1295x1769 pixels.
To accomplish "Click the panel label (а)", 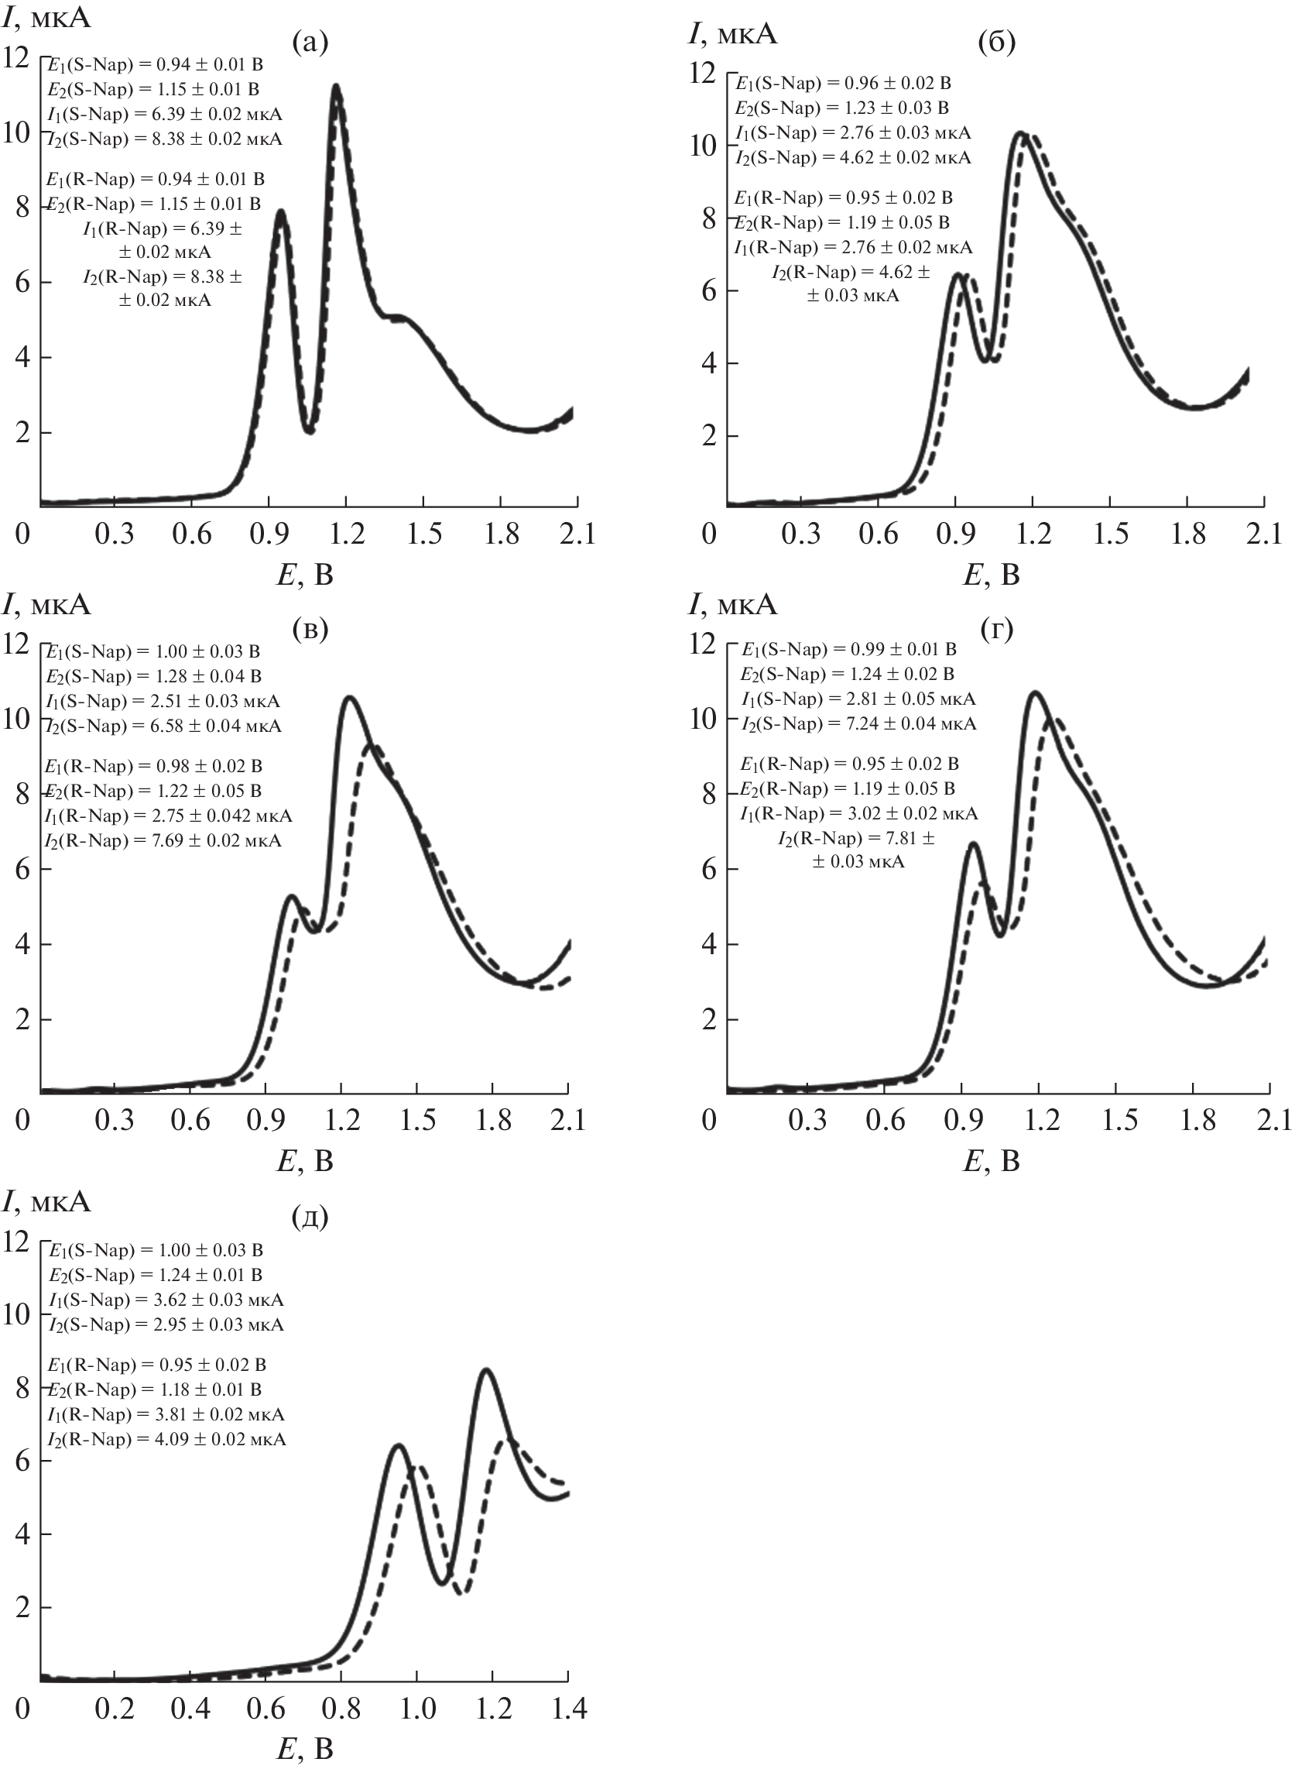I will (309, 43).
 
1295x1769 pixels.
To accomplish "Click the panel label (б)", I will (996, 43).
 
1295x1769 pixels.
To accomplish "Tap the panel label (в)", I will (309, 628).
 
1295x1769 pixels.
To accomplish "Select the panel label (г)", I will (996, 628).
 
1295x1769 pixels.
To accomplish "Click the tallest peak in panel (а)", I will (336, 85).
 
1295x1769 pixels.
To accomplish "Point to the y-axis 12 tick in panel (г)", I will (702, 644).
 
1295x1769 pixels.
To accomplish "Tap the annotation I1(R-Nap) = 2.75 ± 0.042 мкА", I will (169, 816).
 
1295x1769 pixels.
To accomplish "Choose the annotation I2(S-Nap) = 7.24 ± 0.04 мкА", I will (858, 723).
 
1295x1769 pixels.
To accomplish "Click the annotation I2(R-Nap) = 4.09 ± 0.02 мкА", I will (166, 1440).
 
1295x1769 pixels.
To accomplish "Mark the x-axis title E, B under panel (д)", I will (305, 1749).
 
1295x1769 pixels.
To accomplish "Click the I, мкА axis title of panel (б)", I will (732, 34).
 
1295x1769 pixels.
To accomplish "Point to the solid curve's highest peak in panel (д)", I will (486, 1370).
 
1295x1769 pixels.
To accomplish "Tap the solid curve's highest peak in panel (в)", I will (349, 697).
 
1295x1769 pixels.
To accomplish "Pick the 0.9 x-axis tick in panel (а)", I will (269, 534).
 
